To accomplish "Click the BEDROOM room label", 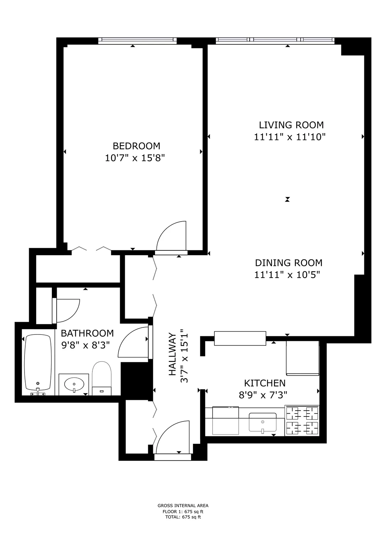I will [136, 146].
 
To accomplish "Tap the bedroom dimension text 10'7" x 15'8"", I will [135, 158].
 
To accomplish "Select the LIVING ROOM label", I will [291, 125].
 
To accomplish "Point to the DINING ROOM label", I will [289, 263].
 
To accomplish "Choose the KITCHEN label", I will [264, 383].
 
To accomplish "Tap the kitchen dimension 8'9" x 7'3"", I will [263, 395].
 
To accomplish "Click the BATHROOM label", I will [87, 333].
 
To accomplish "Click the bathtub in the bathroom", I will [38, 362].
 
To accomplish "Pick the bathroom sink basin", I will [74, 384].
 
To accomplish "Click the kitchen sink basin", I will [263, 423].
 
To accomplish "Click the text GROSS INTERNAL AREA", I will [183, 506].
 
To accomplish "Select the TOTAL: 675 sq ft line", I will [183, 517].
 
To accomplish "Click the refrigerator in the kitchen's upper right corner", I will [302, 358].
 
